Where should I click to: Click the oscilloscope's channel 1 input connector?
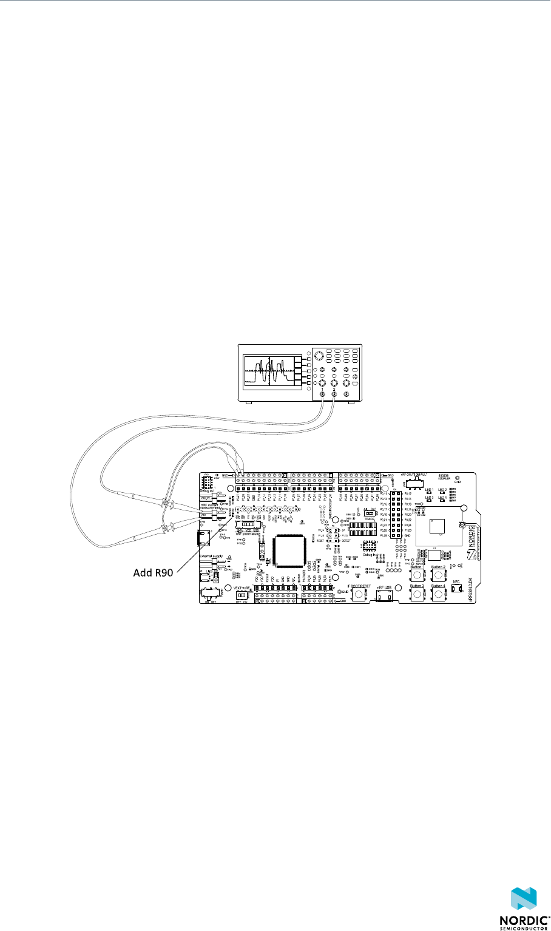(322, 395)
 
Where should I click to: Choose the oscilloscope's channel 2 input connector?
(334, 395)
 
